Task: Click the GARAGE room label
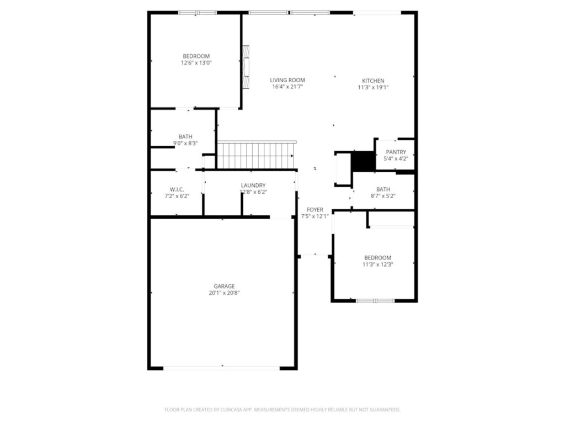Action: click(224, 286)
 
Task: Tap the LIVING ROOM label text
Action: click(287, 80)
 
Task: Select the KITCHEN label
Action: click(373, 81)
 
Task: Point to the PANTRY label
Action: click(396, 152)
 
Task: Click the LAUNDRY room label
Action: click(253, 185)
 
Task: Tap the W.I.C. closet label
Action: click(177, 189)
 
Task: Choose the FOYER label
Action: click(315, 210)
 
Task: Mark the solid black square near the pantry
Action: click(363, 161)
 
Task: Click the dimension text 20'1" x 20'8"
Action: click(224, 293)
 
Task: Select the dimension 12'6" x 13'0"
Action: click(196, 63)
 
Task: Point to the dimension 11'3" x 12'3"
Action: click(377, 264)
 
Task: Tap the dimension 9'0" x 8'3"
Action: click(185, 144)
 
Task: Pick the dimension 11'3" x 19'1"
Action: click(373, 87)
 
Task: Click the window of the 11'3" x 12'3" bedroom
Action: click(375, 301)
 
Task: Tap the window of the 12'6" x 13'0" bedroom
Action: click(197, 12)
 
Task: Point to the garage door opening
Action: click(222, 368)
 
